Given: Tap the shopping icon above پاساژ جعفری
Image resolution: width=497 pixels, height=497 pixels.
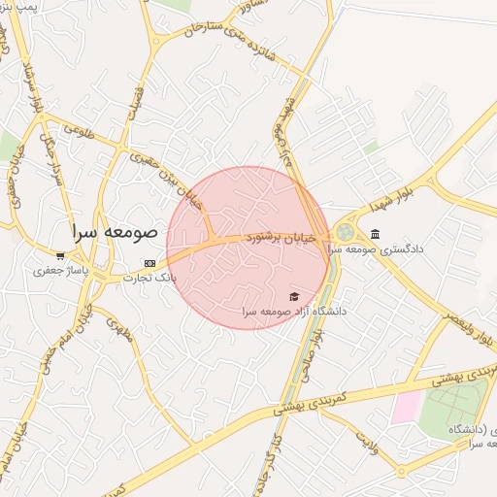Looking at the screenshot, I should [60, 256].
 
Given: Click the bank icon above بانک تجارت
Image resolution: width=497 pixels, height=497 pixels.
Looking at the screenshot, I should [149, 263].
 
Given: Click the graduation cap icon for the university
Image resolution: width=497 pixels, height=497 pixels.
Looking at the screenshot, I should [294, 297].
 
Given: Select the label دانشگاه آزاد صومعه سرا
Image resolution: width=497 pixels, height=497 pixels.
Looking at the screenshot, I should [295, 312].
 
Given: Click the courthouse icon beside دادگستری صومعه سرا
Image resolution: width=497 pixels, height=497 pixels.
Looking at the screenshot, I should [376, 234].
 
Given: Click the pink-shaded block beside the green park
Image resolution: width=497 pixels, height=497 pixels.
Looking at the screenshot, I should [406, 407].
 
